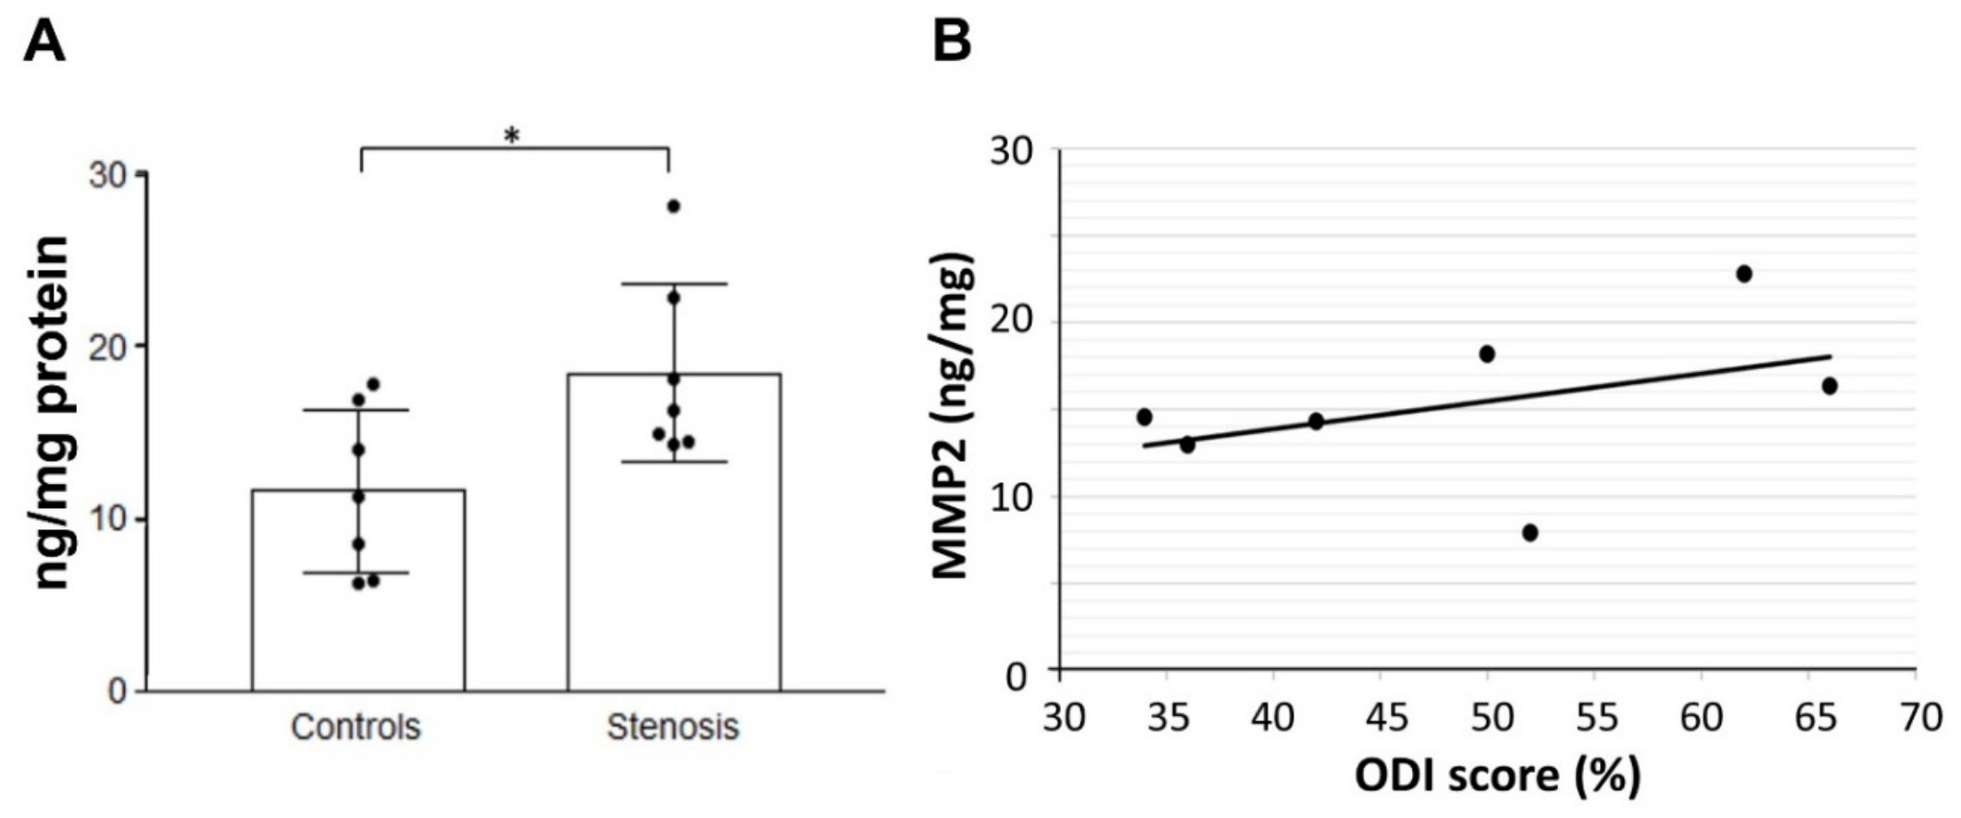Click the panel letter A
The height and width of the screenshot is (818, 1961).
click(x=44, y=42)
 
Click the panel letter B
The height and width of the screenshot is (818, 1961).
click(x=952, y=42)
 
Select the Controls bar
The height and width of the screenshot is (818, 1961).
click(x=358, y=590)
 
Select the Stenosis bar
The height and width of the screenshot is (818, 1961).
click(x=674, y=532)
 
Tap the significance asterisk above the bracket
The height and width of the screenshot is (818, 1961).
click(x=512, y=136)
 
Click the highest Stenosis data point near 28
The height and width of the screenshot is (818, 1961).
click(x=673, y=206)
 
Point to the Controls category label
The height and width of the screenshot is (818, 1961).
click(x=356, y=727)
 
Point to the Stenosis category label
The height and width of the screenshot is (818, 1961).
click(x=673, y=727)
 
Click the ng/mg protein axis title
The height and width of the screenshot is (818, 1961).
click(x=52, y=413)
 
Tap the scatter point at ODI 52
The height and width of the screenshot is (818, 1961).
click(x=1530, y=533)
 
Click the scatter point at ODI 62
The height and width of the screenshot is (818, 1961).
click(x=1744, y=274)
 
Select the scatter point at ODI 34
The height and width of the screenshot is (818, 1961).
click(x=1144, y=417)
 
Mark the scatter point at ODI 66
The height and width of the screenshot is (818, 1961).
click(x=1830, y=386)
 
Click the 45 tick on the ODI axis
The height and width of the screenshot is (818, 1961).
click(x=1380, y=717)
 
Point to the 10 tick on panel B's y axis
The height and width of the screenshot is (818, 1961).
click(x=1008, y=497)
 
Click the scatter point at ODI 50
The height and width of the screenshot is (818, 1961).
click(x=1487, y=354)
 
